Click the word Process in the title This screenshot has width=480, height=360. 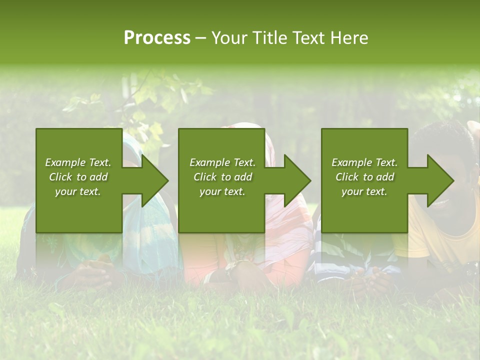point(157,38)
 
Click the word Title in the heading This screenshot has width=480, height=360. point(271,38)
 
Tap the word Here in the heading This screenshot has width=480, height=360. point(349,38)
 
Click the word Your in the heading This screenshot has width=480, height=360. point(231,38)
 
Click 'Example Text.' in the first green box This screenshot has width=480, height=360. point(78,162)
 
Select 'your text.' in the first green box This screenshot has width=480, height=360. point(78,191)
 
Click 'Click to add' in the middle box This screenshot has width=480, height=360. point(222,177)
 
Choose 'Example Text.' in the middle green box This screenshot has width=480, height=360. point(222,162)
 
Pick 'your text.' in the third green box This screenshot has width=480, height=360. point(364,191)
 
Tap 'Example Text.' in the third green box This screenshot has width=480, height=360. point(364,162)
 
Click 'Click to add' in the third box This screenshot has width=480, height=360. point(364,177)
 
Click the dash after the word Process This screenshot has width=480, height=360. point(200,38)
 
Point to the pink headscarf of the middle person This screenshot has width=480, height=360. point(280,150)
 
